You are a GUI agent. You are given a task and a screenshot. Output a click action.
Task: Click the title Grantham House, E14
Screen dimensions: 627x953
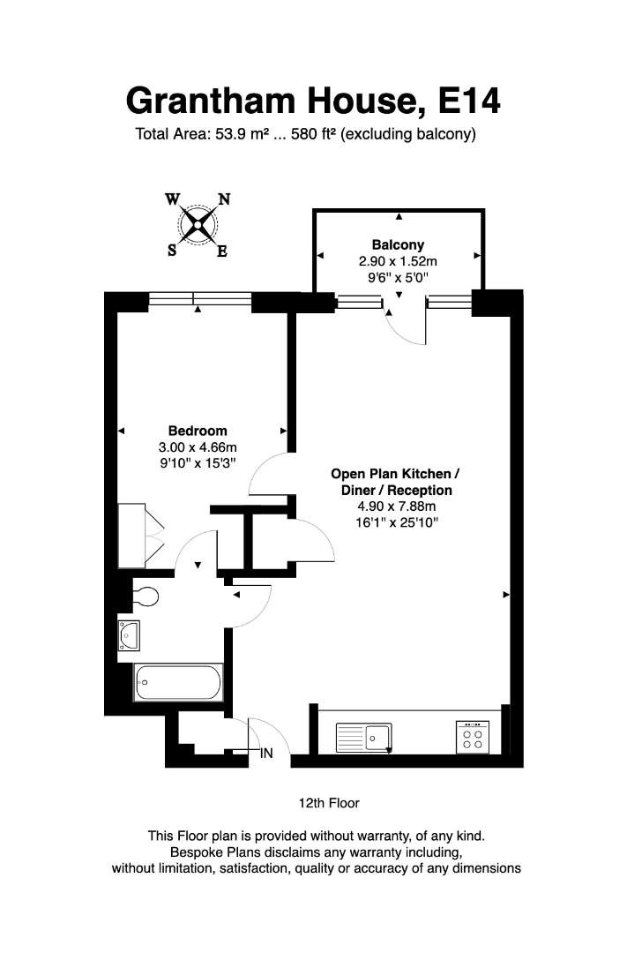[313, 101]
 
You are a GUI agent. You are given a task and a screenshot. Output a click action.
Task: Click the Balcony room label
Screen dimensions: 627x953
[398, 245]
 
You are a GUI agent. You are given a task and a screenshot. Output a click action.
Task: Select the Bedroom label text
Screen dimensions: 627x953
[198, 431]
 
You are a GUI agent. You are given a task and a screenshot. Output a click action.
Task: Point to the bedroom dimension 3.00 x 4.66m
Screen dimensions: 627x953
[198, 447]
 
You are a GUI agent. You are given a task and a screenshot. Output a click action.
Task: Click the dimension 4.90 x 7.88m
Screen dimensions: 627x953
[397, 507]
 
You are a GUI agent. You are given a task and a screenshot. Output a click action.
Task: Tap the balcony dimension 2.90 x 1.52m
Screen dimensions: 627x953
[398, 261]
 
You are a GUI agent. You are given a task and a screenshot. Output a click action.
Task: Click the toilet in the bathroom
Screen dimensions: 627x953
[146, 597]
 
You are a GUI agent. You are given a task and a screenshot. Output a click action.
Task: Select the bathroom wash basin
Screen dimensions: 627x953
[129, 635]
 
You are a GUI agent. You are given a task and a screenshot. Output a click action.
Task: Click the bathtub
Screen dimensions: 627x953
[178, 682]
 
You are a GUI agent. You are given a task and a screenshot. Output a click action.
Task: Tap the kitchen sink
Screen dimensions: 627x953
[364, 738]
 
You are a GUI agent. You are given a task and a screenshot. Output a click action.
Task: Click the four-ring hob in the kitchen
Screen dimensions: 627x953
[472, 737]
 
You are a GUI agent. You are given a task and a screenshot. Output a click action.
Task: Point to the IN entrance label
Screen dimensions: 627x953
[266, 754]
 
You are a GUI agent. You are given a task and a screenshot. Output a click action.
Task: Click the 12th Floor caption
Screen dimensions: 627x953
[329, 803]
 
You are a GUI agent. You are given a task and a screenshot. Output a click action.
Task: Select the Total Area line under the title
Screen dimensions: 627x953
[306, 134]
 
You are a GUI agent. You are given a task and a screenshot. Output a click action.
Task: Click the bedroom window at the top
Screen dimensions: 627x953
[200, 298]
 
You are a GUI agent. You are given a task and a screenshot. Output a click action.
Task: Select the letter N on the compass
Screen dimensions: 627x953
[224, 199]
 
